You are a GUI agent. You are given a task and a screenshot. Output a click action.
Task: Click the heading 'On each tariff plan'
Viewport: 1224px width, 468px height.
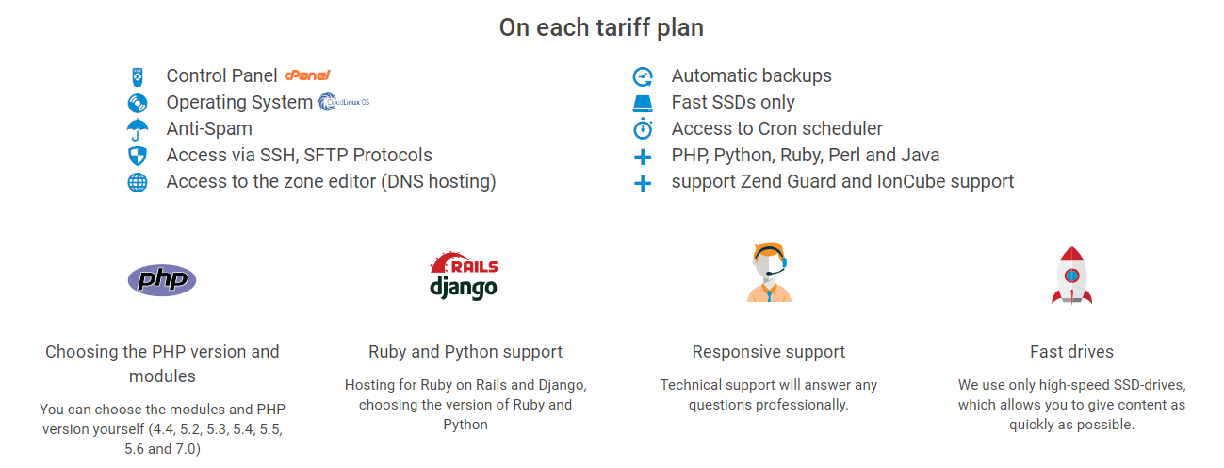tap(601, 27)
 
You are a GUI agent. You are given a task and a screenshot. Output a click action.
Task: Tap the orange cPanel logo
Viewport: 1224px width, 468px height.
tap(307, 75)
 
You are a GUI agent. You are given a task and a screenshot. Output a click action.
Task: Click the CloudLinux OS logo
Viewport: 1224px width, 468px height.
tap(344, 102)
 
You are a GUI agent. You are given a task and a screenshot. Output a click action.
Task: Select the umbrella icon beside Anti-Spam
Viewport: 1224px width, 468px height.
tap(138, 129)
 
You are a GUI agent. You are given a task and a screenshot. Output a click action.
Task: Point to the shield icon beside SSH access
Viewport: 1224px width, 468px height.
tap(138, 156)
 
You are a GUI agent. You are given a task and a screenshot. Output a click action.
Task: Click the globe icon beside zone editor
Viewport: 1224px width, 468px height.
tap(138, 182)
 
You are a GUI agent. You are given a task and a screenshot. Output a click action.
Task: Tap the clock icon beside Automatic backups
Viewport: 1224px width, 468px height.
tap(643, 76)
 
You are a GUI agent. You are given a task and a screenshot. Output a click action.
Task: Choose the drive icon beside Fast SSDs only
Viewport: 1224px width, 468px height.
tap(643, 104)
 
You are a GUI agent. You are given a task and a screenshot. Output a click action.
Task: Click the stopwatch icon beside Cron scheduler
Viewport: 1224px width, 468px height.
tap(643, 128)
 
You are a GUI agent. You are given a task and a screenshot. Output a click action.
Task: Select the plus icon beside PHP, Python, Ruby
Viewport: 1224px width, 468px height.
tap(643, 157)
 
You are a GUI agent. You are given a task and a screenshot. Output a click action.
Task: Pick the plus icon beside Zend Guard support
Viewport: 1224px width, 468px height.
tap(643, 183)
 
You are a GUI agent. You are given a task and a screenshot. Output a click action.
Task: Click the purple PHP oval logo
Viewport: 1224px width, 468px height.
tap(162, 280)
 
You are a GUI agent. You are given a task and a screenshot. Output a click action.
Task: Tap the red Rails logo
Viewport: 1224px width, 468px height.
tap(464, 262)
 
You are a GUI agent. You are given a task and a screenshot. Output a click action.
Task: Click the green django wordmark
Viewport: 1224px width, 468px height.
tap(464, 288)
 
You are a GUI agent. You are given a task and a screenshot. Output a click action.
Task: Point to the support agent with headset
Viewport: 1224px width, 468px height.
tap(769, 272)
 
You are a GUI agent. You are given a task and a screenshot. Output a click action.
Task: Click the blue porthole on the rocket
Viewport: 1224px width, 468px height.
tap(1072, 276)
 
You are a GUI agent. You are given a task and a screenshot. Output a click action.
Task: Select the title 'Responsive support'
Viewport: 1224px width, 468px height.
tap(768, 351)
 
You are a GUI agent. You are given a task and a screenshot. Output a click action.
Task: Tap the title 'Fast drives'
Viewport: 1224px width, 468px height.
tap(1071, 351)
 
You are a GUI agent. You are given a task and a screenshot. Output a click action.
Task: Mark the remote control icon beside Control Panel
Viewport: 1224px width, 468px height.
tap(138, 77)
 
